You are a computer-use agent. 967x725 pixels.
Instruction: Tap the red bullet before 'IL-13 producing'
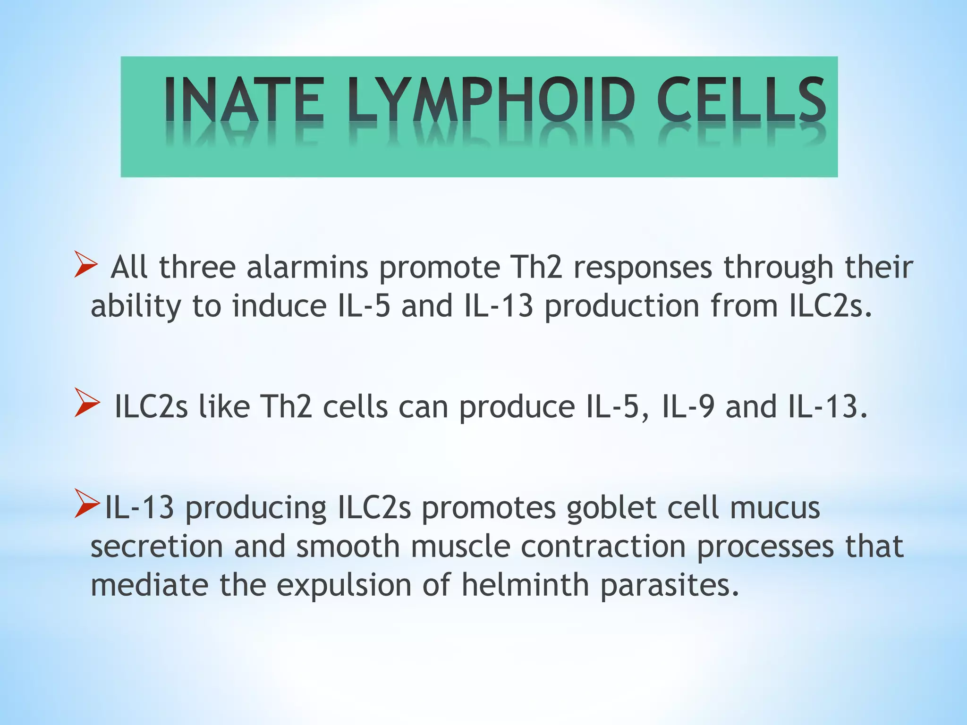click(87, 504)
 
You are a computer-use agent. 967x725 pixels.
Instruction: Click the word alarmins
click(307, 267)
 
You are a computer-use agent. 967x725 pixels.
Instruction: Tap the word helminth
click(525, 585)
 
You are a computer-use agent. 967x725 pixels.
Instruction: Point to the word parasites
click(670, 586)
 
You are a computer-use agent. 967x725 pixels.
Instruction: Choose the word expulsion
click(344, 586)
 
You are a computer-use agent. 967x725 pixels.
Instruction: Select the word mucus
click(774, 508)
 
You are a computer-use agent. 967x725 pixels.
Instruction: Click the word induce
click(279, 306)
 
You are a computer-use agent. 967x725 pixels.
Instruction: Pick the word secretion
click(156, 547)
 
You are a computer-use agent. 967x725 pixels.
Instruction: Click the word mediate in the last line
click(149, 585)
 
